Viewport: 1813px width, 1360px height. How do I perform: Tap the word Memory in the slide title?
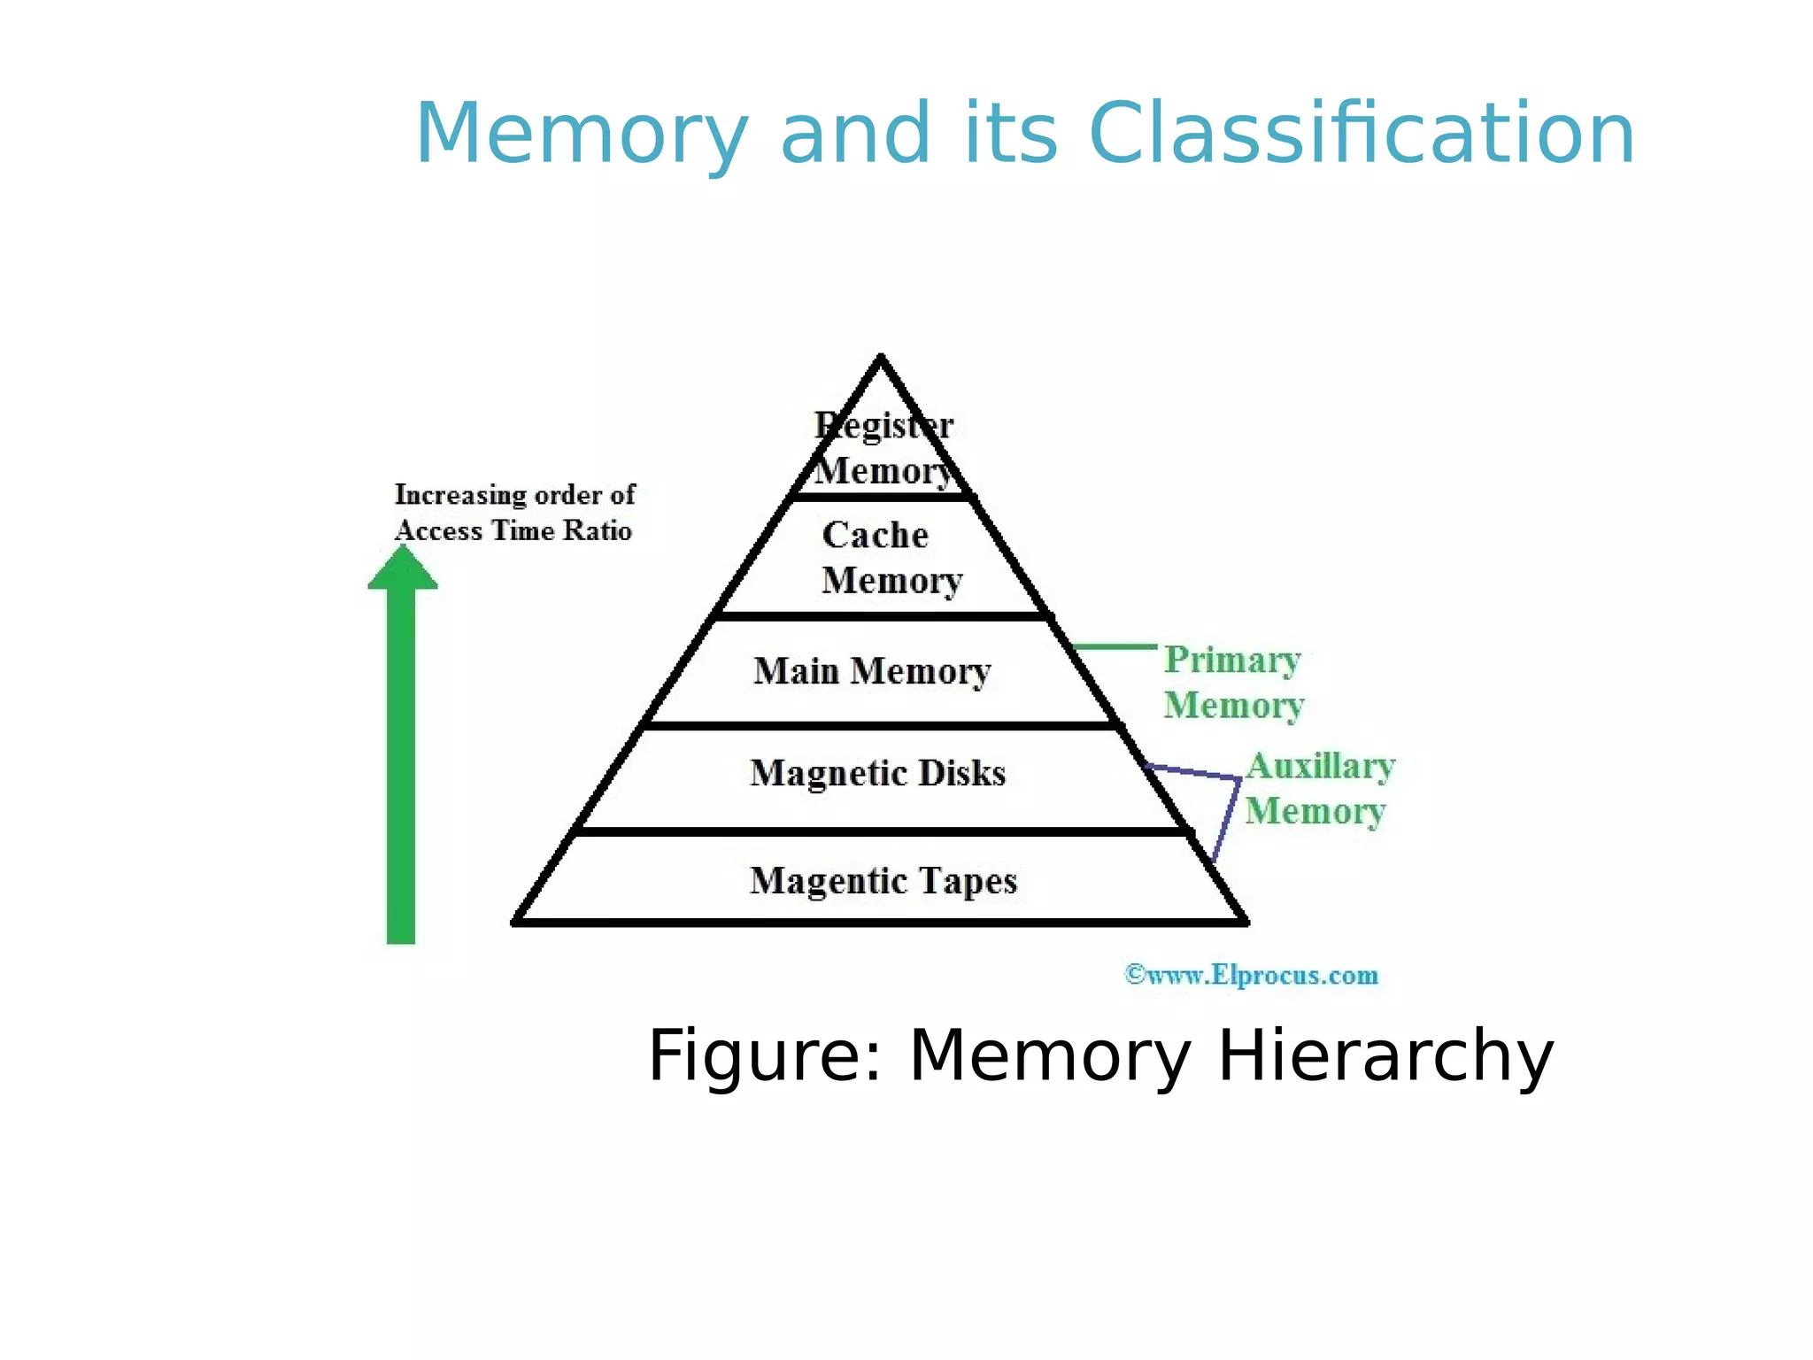(x=581, y=135)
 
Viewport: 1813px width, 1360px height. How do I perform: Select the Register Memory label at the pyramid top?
(x=883, y=448)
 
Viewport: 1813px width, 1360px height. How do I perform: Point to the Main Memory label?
(x=872, y=671)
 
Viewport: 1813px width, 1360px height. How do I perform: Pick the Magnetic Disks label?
(x=877, y=773)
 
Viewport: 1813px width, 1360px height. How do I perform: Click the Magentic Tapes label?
(x=883, y=880)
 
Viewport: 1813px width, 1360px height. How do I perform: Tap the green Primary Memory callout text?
(x=1232, y=682)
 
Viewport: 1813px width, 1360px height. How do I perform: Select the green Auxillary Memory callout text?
(x=1318, y=788)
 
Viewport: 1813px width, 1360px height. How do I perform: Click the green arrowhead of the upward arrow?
(x=403, y=568)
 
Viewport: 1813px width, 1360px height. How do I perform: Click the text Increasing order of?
(x=514, y=494)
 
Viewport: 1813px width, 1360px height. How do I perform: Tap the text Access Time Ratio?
(x=513, y=530)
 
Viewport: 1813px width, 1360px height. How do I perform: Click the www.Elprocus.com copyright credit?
(x=1250, y=975)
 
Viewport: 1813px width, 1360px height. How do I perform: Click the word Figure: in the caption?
(x=765, y=1055)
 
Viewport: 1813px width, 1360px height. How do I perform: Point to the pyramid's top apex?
(x=881, y=359)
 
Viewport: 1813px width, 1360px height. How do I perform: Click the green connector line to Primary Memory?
(x=1114, y=647)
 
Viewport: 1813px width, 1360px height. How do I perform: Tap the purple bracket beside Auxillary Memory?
(x=1227, y=815)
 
